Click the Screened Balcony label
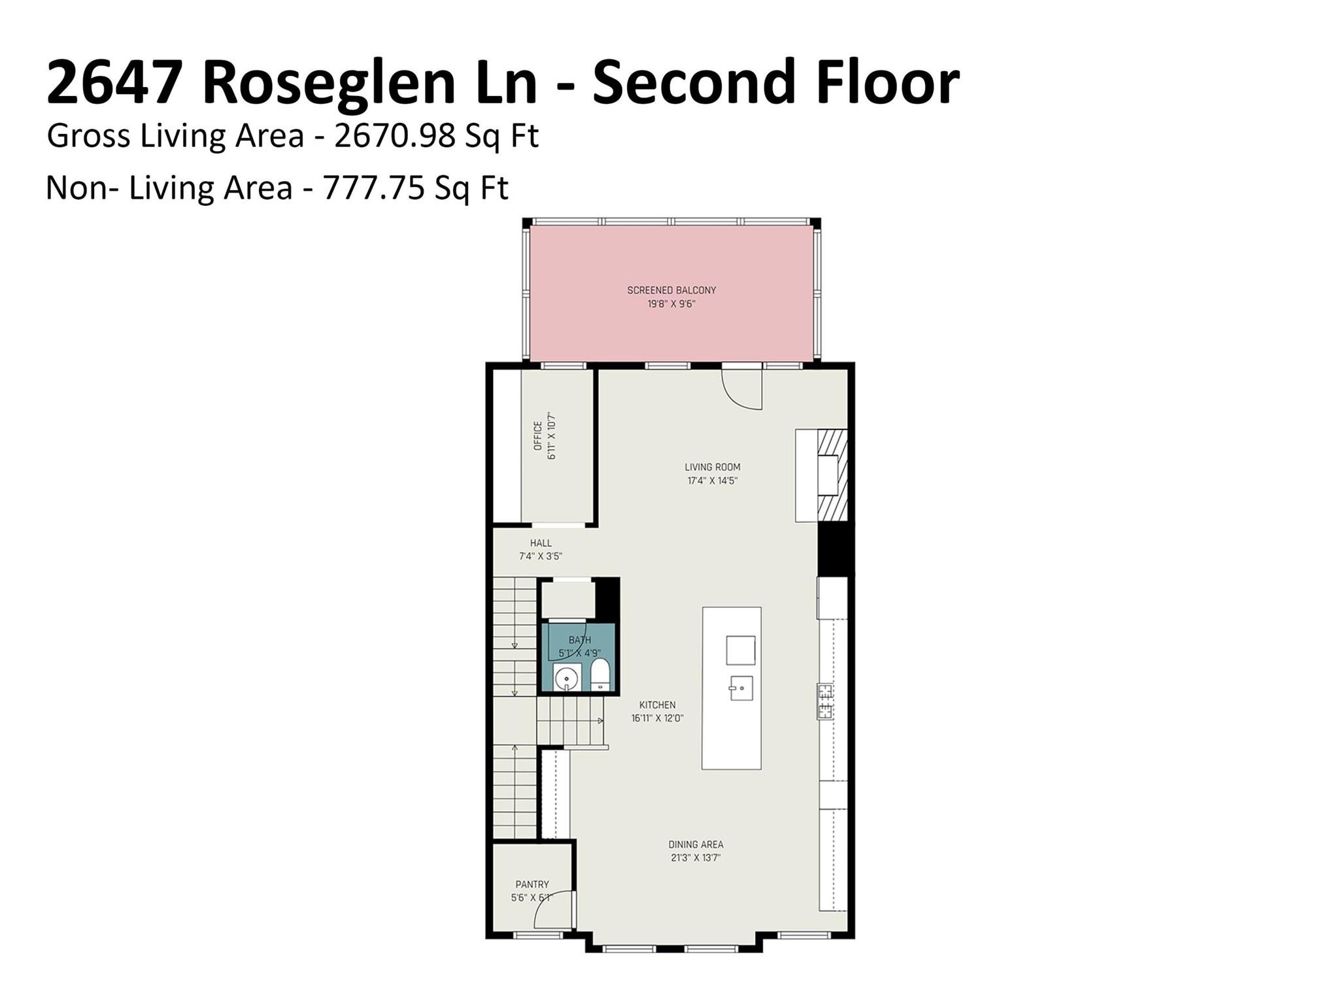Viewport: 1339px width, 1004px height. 671,290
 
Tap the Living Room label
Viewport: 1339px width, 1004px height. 712,467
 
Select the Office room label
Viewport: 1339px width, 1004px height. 538,436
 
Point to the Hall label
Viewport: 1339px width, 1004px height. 541,543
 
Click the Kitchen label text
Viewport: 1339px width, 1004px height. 657,705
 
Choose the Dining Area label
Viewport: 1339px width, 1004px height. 696,845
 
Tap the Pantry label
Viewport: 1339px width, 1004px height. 532,884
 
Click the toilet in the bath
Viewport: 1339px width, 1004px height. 600,675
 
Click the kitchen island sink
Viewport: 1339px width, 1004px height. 741,688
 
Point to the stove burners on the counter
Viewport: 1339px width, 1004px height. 825,701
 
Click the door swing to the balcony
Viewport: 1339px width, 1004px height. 743,390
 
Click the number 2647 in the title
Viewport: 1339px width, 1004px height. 114,82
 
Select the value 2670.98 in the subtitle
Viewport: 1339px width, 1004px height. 394,137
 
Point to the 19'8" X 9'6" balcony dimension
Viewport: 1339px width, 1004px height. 671,304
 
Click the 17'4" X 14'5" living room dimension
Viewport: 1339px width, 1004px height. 712,481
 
